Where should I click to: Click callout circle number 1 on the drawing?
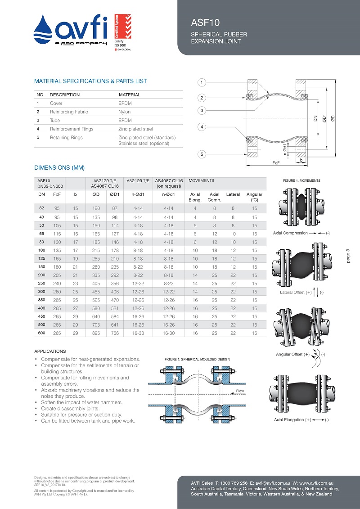pyautogui.click(x=202, y=82)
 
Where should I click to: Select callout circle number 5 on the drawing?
pyautogui.click(x=202, y=154)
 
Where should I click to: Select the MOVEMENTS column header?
pyautogui.click(x=201, y=180)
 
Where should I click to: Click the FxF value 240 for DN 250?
pyautogui.click(x=57, y=283)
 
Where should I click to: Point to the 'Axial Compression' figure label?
pyautogui.click(x=290, y=233)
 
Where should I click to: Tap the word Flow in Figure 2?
pyautogui.click(x=240, y=391)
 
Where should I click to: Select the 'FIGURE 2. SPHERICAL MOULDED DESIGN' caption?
pyautogui.click(x=197, y=359)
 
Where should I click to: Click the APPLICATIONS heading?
pyautogui.click(x=50, y=351)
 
